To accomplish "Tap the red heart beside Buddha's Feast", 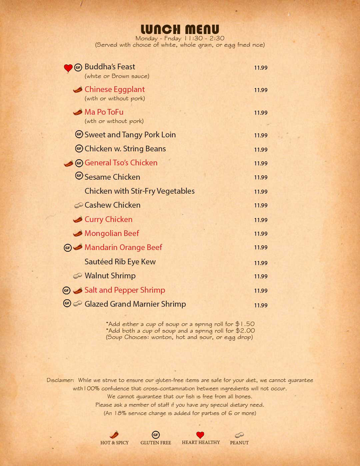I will tap(68, 68).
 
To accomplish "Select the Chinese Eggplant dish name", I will tap(114, 89).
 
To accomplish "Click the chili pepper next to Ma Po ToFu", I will tap(78, 112).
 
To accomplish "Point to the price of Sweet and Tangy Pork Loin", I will tap(261, 135).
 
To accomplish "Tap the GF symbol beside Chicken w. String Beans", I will tap(79, 148).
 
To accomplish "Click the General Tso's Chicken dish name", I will tap(121, 163).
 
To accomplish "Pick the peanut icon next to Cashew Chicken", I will tap(78, 205).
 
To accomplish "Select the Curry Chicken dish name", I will tap(108, 219).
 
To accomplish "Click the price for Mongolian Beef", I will tap(261, 234).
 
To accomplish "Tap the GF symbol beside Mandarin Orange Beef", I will tap(67, 248).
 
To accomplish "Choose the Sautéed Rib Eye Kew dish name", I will tap(120, 262).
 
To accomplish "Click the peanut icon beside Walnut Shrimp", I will tap(77, 276).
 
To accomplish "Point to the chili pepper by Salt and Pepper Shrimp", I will tap(78, 290).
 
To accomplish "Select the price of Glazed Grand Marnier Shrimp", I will tap(261, 305).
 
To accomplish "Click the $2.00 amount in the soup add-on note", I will tap(245, 331).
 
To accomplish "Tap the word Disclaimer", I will tap(60, 380).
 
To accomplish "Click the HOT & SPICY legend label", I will tap(114, 443).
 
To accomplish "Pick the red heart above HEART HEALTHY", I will tap(200, 435).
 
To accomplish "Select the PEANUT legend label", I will tap(239, 443).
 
